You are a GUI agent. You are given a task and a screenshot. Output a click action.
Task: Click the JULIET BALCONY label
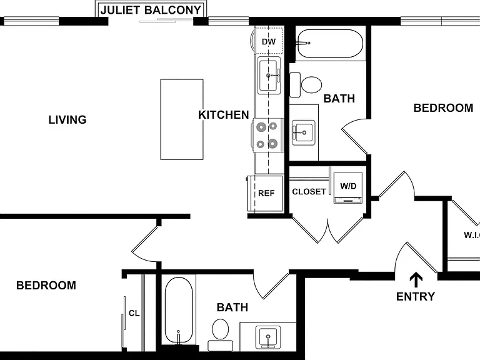click(151, 10)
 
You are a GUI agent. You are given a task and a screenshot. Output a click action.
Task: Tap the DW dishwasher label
click(269, 42)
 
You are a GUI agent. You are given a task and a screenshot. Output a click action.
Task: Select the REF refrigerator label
click(266, 193)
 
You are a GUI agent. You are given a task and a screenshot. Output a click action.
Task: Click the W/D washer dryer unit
click(348, 188)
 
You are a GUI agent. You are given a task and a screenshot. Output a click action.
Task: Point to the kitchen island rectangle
click(182, 119)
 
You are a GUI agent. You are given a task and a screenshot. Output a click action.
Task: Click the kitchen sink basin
click(269, 75)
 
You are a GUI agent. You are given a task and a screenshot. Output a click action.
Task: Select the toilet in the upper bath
click(306, 85)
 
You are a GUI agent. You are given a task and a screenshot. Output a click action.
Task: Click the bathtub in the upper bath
click(330, 43)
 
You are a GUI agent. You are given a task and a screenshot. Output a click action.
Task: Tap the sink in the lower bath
click(268, 337)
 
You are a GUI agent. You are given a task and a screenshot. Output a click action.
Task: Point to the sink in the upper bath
click(303, 132)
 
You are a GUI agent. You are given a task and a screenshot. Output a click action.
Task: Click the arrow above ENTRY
click(416, 279)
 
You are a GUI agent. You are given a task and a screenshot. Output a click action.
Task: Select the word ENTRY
click(416, 296)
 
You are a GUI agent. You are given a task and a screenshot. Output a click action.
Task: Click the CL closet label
click(134, 313)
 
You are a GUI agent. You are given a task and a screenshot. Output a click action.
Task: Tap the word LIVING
click(67, 119)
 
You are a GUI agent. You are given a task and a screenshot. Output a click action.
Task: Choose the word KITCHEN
click(224, 115)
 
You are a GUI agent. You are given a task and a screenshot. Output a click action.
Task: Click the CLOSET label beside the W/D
click(309, 192)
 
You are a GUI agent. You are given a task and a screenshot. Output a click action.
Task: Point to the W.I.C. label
click(472, 235)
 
